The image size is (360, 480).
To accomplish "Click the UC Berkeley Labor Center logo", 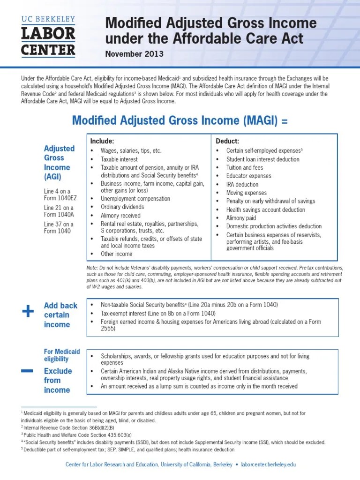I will tap(48, 36).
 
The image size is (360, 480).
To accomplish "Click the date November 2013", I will tap(134, 54).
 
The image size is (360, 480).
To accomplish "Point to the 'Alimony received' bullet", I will tap(120, 216).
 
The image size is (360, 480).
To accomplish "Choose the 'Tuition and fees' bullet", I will tap(244, 167).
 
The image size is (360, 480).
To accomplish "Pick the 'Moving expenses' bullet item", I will tap(246, 193).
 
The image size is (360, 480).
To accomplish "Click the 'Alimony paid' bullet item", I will tap(241, 218).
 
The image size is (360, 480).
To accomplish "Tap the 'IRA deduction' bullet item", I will tap(242, 184).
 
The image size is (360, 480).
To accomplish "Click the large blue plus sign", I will tap(28, 311).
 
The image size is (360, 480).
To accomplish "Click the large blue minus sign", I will tap(27, 371).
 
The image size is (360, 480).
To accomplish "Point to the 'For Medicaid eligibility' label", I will tap(62, 355).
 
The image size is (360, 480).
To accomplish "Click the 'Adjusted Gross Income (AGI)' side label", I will tap(59, 162).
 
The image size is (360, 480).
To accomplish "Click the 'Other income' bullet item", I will tap(116, 254).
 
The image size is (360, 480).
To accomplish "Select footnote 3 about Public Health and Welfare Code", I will tap(76, 435).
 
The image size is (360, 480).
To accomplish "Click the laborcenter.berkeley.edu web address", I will tap(268, 465).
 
